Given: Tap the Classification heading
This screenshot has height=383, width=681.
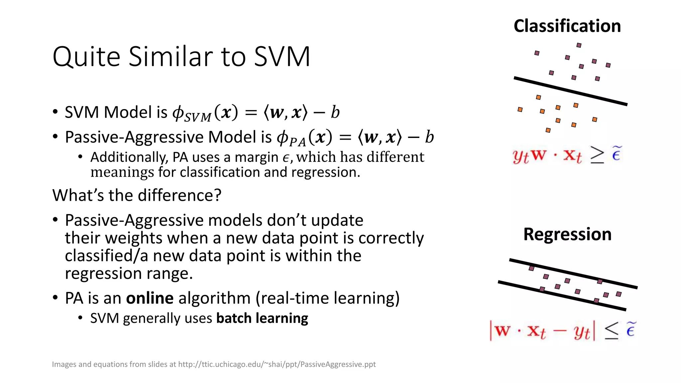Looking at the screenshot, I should [x=567, y=26].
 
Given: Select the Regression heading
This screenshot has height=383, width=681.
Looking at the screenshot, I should [x=567, y=234].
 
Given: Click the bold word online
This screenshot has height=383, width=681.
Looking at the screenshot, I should [x=150, y=298].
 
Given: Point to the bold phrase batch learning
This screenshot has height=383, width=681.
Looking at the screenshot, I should [x=262, y=318].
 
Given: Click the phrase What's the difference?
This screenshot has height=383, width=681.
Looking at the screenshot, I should [x=137, y=195].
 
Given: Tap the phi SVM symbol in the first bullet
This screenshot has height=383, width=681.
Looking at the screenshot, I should [x=191, y=113].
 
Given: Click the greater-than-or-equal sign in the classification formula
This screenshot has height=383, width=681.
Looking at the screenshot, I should [x=597, y=155].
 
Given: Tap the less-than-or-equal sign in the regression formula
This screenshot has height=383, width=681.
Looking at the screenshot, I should [x=611, y=330].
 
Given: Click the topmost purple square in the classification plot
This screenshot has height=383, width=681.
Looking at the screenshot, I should [x=579, y=45].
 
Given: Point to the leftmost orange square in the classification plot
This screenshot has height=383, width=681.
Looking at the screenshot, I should [x=520, y=109].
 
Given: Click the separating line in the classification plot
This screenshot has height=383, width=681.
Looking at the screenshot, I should [x=570, y=91].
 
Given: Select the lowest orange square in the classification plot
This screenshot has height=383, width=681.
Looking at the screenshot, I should [x=548, y=130].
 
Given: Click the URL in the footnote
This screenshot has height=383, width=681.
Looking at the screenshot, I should [x=277, y=364].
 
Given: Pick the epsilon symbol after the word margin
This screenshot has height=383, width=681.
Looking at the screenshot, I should [x=286, y=158].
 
